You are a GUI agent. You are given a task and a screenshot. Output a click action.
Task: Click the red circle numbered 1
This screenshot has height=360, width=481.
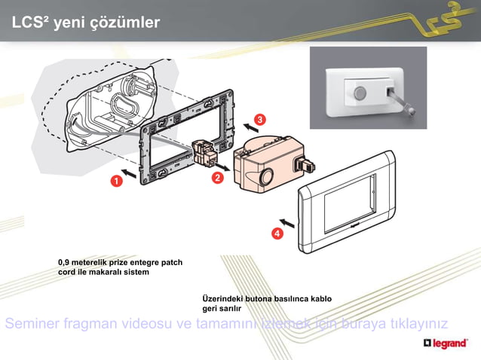point(117,181)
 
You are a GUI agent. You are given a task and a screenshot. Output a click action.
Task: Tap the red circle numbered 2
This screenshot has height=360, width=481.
point(217,178)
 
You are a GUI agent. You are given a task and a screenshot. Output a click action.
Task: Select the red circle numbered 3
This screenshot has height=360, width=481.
point(259,120)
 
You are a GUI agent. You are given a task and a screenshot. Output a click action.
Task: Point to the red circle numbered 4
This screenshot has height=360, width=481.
point(277,234)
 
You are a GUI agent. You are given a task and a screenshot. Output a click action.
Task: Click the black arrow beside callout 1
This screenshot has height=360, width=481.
point(130,174)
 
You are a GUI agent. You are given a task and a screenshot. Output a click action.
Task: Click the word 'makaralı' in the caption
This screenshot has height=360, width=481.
point(106,272)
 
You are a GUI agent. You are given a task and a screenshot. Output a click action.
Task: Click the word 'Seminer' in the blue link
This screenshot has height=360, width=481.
point(31,325)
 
